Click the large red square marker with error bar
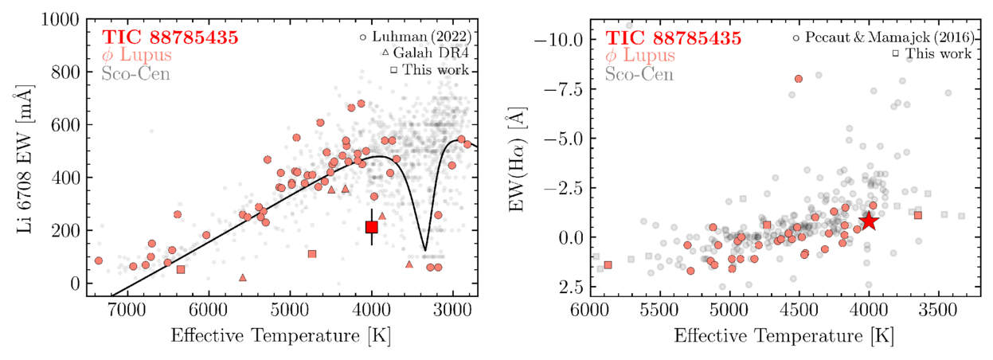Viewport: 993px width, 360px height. (372, 227)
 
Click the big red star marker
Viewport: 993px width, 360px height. (869, 221)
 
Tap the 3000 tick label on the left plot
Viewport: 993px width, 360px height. (454, 311)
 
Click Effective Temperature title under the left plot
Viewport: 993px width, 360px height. (283, 335)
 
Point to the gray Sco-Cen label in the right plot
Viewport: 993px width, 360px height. (639, 75)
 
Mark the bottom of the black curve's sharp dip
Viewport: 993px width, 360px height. (425, 250)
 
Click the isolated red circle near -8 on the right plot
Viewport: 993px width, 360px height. (798, 78)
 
